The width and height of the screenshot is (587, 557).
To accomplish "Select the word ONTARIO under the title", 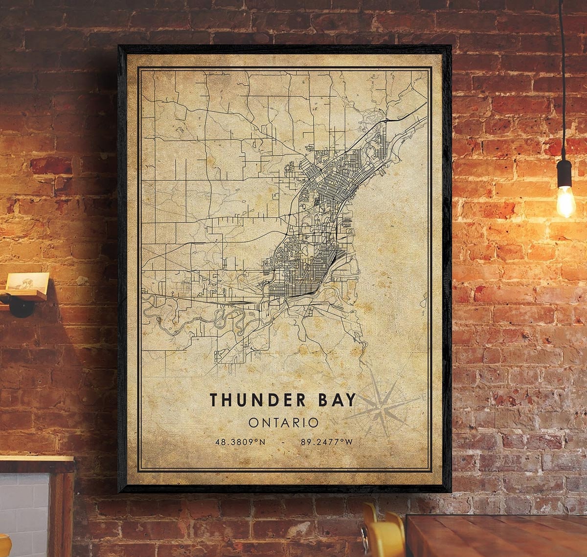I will [283, 423].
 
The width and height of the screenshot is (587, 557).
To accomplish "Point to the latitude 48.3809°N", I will [240, 442].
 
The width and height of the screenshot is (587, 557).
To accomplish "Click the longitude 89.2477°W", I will [326, 442].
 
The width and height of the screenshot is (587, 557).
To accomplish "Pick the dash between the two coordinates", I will [283, 442].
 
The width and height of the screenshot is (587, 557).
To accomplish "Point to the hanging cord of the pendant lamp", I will [562, 73].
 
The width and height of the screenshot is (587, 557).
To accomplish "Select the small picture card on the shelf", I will [27, 283].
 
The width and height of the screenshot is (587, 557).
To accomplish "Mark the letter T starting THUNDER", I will [214, 400].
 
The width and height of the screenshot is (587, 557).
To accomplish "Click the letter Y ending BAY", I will [350, 400].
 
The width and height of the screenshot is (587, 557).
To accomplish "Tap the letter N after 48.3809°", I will [262, 442].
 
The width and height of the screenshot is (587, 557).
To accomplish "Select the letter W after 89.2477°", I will [349, 442].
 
